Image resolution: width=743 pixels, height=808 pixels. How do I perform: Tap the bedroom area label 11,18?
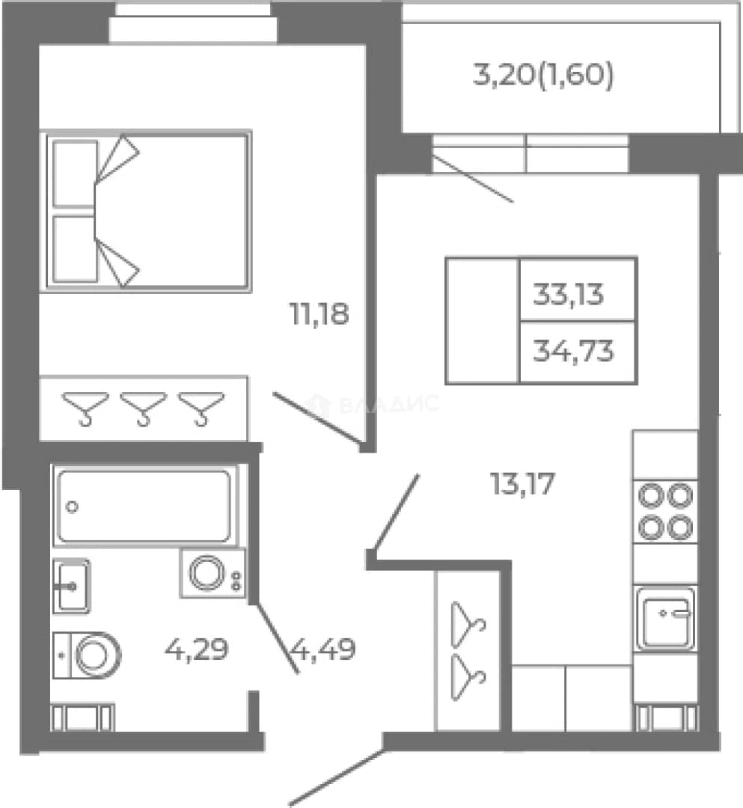coord(319,314)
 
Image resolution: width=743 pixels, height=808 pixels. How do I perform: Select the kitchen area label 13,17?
coord(522,484)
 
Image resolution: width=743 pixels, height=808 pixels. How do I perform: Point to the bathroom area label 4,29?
coord(196,649)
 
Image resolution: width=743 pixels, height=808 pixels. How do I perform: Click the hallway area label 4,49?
coord(324,649)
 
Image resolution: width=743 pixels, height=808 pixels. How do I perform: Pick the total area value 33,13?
coord(568,295)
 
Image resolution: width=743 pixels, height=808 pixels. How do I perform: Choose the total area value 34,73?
coord(573,352)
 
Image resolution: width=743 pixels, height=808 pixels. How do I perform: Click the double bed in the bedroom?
coord(146,211)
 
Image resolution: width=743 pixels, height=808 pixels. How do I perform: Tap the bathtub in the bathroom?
coord(144,506)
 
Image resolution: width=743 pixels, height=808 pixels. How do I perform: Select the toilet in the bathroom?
coord(87,655)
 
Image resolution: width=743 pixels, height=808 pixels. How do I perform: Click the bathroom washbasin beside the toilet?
coord(72,587)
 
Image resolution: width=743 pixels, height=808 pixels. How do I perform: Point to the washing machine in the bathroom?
coord(212,573)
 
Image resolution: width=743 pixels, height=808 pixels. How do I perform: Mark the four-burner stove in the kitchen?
coord(665,511)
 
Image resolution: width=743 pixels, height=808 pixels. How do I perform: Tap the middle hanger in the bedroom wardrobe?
coord(143,408)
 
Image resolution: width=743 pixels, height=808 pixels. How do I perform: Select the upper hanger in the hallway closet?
coord(468,625)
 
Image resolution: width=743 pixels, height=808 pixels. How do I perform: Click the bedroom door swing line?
coord(317,417)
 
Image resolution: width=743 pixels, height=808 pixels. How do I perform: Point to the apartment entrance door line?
coord(337,777)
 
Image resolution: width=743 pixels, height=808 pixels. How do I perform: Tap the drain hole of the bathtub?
coord(72,507)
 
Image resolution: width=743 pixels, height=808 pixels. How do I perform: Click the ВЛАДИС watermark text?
coord(372,404)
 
